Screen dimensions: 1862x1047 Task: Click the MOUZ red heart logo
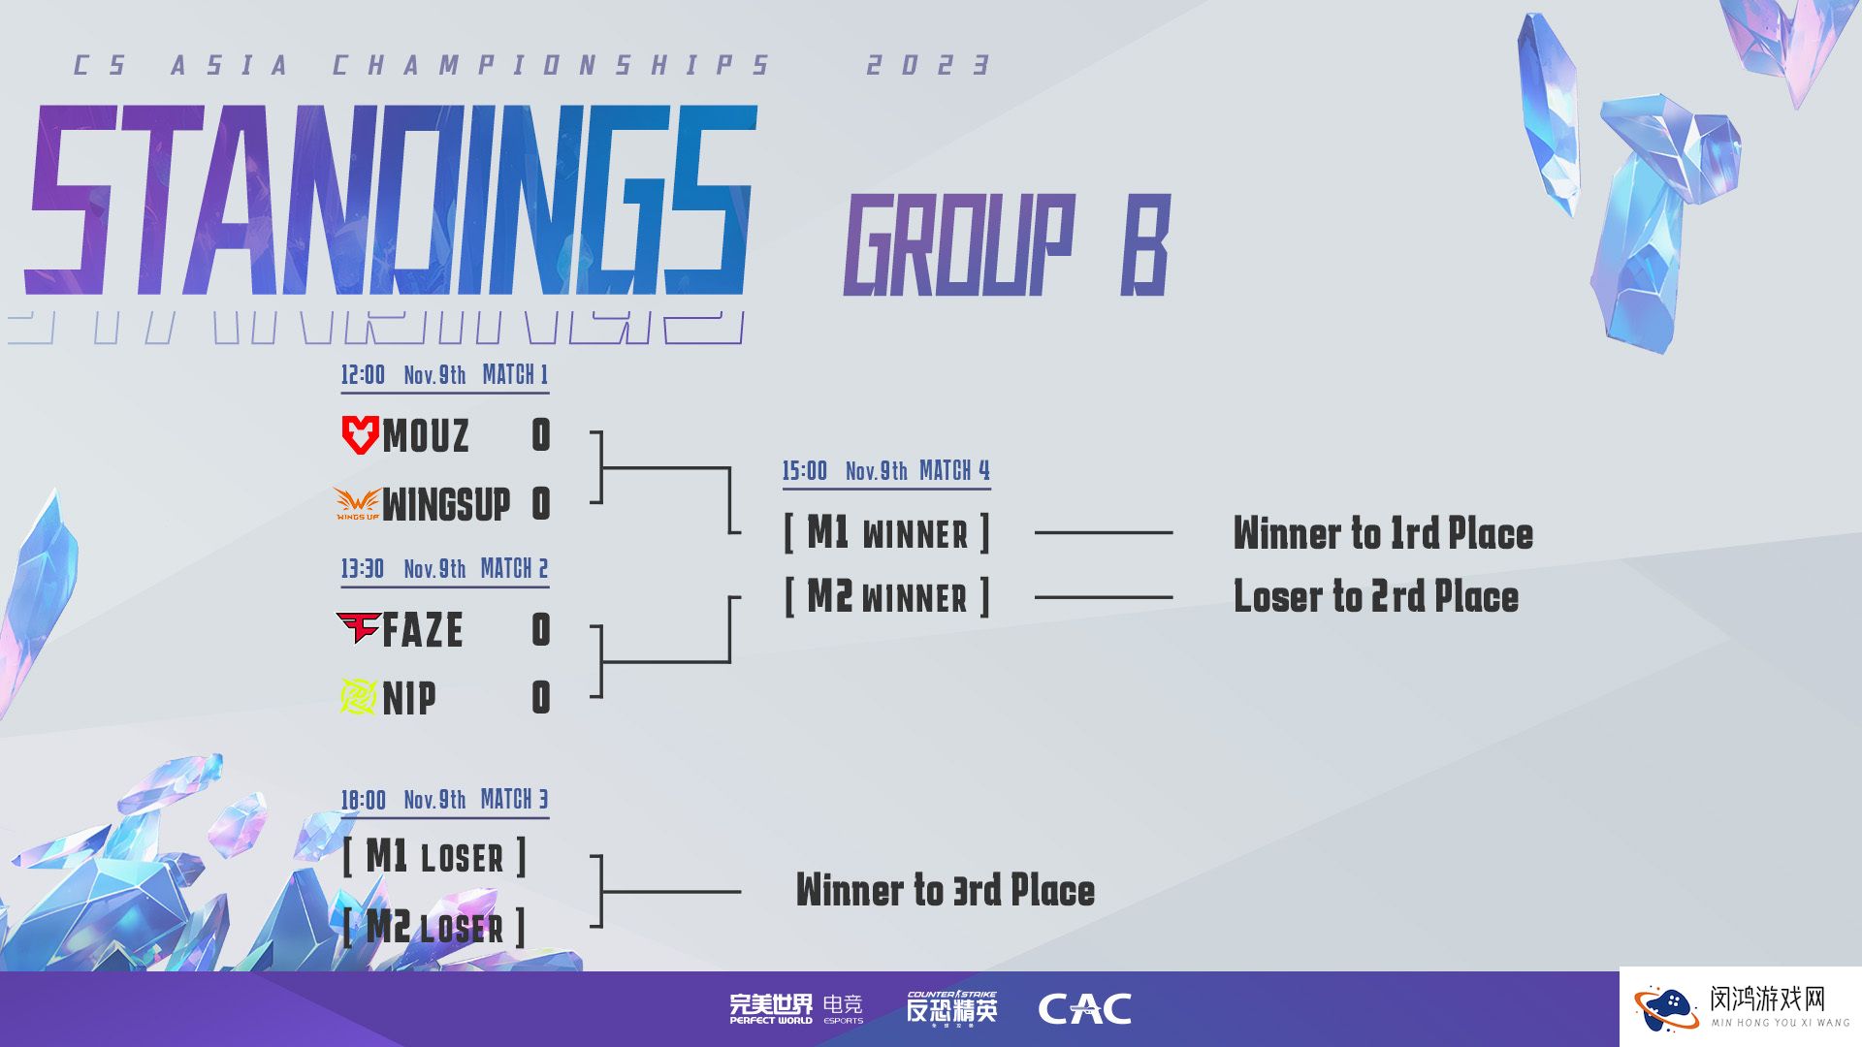pyautogui.click(x=360, y=434)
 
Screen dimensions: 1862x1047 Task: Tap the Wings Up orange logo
pyautogui.click(x=357, y=503)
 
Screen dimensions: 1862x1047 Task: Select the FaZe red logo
pyautogui.click(x=358, y=628)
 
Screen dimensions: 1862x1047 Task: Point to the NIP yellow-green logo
pyautogui.click(x=359, y=696)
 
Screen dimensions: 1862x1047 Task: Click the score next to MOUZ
pyautogui.click(x=541, y=435)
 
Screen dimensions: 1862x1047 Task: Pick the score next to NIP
pyautogui.click(x=541, y=697)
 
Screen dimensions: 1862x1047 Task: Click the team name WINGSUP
pyautogui.click(x=446, y=504)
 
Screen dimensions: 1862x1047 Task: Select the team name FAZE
pyautogui.click(x=422, y=630)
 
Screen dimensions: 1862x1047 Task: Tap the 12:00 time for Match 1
pyautogui.click(x=363, y=374)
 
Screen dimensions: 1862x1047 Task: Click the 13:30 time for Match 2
pyautogui.click(x=363, y=568)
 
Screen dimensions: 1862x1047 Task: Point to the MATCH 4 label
pyautogui.click(x=954, y=470)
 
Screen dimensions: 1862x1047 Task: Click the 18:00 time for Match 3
pyautogui.click(x=363, y=800)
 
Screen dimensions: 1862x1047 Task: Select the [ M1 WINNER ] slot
pyautogui.click(x=886, y=532)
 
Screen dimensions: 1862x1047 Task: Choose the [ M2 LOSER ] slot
pyautogui.click(x=434, y=927)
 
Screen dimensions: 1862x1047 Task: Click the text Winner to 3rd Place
pyautogui.click(x=946, y=890)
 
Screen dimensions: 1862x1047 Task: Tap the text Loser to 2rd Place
pyautogui.click(x=1376, y=596)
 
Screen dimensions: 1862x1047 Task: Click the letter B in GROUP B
pyautogui.click(x=1146, y=245)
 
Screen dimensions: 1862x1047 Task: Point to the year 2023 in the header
pyautogui.click(x=928, y=65)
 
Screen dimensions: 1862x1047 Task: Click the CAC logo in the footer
pyautogui.click(x=1084, y=1009)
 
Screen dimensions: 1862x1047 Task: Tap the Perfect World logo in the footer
pyautogui.click(x=771, y=1008)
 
